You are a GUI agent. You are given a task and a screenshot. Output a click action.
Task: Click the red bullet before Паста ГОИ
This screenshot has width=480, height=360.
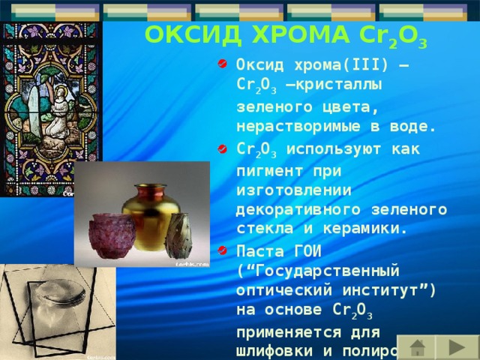(x=223, y=248)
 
